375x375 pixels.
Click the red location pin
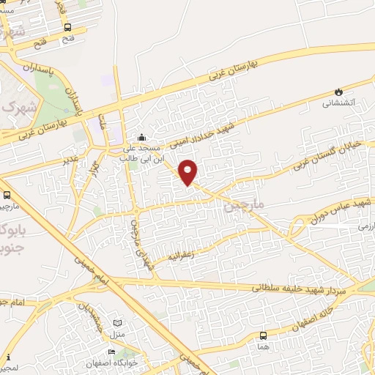189,171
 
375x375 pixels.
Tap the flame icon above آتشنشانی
338,91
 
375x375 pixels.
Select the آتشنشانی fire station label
338,103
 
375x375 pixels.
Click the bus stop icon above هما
264,335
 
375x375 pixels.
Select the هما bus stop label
264,346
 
